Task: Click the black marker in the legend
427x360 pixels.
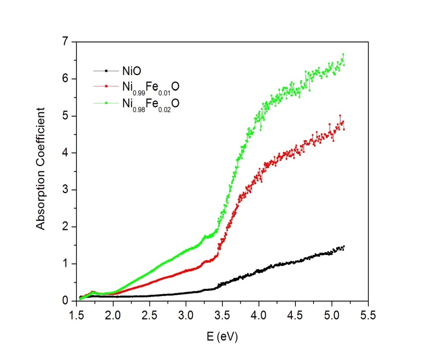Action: pyautogui.click(x=106, y=71)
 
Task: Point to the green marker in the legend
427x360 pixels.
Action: pyautogui.click(x=106, y=103)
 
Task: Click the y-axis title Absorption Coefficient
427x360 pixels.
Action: pyautogui.click(x=41, y=169)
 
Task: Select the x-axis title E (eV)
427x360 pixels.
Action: pyautogui.click(x=221, y=337)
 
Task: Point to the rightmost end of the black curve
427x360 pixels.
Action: pyautogui.click(x=344, y=246)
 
